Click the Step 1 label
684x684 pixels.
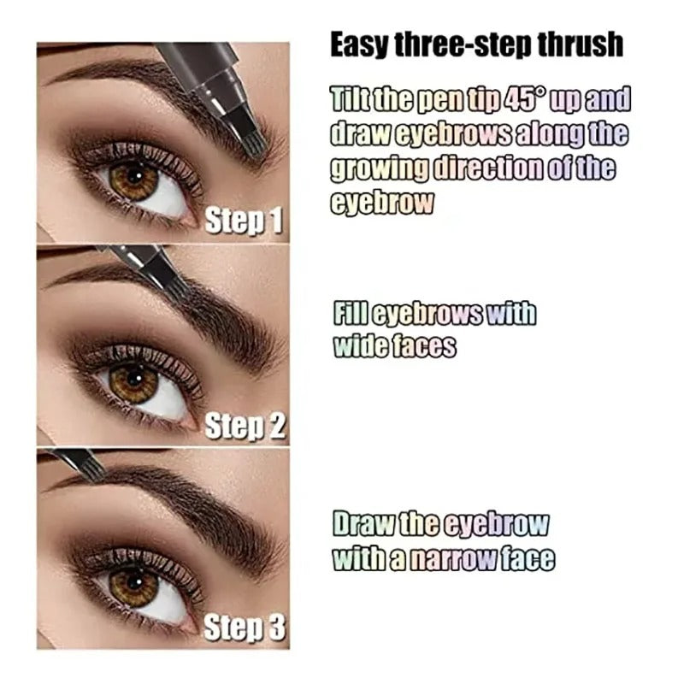pyautogui.click(x=244, y=221)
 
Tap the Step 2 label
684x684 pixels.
pyautogui.click(x=245, y=426)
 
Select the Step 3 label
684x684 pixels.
pyautogui.click(x=245, y=629)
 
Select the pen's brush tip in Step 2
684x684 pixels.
pyautogui.click(x=175, y=286)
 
